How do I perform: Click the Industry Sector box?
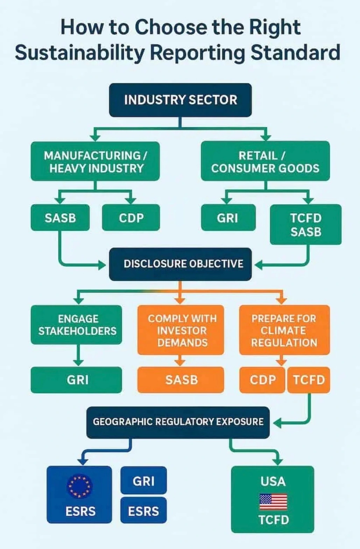[x=180, y=100]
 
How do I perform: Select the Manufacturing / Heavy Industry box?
[x=95, y=161]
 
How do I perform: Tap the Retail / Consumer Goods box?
[x=265, y=161]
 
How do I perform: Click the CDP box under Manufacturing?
[x=131, y=218]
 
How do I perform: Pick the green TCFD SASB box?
[x=305, y=224]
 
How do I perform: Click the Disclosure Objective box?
[x=180, y=264]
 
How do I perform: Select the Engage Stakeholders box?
[x=76, y=325]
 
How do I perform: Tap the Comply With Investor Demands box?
[x=181, y=330]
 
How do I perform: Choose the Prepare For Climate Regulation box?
[x=284, y=330]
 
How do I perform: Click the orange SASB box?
[x=181, y=380]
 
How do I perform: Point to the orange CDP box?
[x=262, y=380]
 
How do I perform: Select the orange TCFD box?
[x=309, y=380]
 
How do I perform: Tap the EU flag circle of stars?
[x=80, y=486]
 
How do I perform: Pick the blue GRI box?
[x=143, y=481]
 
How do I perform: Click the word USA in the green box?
[x=273, y=482]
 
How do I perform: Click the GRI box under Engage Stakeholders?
[x=76, y=380]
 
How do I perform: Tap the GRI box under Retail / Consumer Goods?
[x=228, y=218]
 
